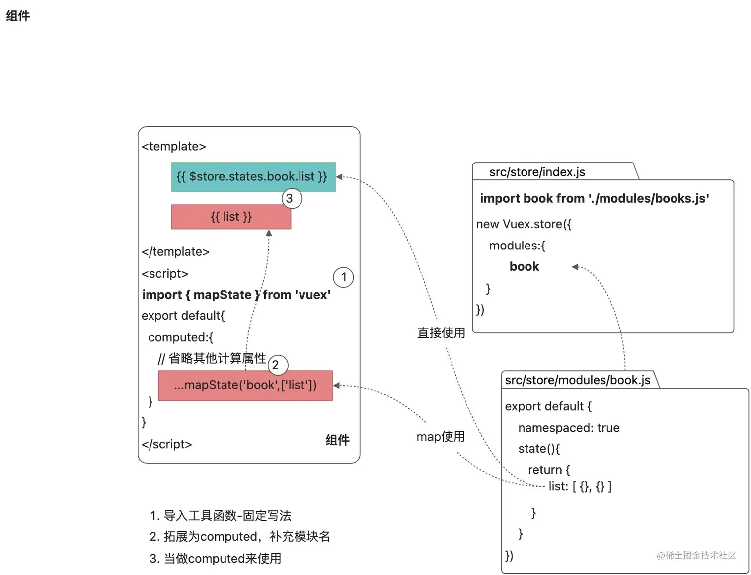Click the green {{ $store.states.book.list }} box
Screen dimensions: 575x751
pyautogui.click(x=253, y=177)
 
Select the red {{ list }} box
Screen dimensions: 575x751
pyautogui.click(x=231, y=217)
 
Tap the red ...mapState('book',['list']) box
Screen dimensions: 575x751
pyautogui.click(x=245, y=385)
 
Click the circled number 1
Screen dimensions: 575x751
pyautogui.click(x=343, y=277)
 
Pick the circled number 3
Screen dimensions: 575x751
pyautogui.click(x=292, y=198)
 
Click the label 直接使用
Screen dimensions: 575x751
pyautogui.click(x=441, y=333)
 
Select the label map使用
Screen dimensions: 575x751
pyautogui.click(x=441, y=437)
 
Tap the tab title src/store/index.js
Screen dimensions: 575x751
pyautogui.click(x=537, y=172)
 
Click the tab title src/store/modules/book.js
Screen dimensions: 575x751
pyautogui.click(x=577, y=380)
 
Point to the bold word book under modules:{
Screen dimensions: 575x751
pyautogui.click(x=524, y=267)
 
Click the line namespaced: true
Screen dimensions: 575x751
pyautogui.click(x=569, y=428)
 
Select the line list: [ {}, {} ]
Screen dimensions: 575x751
pyautogui.click(x=580, y=486)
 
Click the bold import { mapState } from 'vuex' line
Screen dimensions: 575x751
pyautogui.click(x=236, y=295)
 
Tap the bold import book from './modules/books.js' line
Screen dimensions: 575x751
pyautogui.click(x=595, y=199)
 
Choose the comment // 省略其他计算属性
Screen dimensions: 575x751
pyautogui.click(x=212, y=358)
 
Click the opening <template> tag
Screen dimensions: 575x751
pyautogui.click(x=173, y=146)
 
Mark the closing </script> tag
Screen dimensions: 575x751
pyautogui.click(x=166, y=444)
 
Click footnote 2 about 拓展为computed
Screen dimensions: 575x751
pyautogui.click(x=240, y=537)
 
